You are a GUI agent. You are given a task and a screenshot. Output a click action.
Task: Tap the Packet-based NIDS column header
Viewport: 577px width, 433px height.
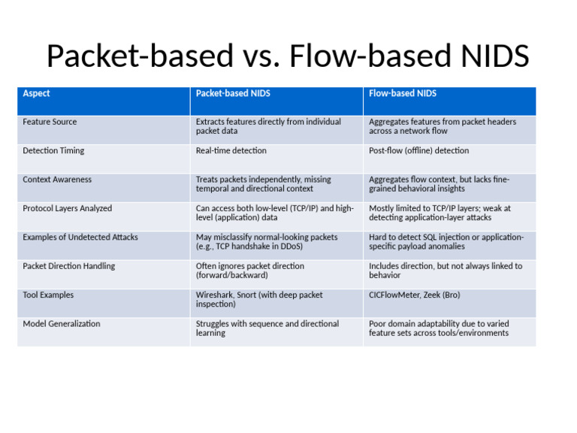coord(233,94)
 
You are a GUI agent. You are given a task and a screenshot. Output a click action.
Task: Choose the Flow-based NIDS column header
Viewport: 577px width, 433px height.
coord(403,94)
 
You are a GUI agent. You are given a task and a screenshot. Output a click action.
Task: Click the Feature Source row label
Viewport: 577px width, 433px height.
coord(50,122)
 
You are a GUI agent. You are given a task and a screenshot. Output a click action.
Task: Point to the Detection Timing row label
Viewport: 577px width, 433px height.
coord(53,151)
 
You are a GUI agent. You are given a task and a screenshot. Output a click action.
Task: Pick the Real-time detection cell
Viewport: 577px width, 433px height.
coord(231,151)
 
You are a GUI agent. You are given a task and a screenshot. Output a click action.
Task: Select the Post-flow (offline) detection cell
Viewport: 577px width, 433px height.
coord(418,151)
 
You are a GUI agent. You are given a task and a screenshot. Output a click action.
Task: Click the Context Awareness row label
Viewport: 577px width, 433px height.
coord(57,180)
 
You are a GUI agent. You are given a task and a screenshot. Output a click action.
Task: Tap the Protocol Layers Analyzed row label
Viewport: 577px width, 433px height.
coord(67,208)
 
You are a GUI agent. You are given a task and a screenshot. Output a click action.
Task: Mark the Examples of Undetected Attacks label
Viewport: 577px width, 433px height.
coord(80,238)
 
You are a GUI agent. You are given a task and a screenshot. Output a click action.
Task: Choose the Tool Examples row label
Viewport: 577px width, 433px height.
coord(48,295)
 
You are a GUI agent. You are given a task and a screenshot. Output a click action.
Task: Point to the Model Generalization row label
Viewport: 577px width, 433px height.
coord(61,324)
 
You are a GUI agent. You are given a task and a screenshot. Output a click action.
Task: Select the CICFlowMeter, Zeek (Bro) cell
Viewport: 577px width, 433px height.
coord(415,295)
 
